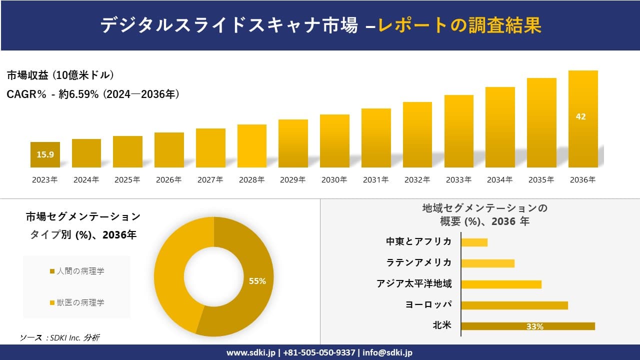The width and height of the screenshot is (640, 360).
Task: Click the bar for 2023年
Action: (45, 155)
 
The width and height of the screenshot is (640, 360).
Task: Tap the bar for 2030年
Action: (334, 141)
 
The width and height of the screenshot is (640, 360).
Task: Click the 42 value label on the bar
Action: (580, 116)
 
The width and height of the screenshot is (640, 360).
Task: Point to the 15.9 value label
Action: (45, 154)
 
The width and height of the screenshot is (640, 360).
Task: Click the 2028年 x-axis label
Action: (251, 180)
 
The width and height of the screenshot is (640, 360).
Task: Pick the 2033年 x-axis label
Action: (458, 180)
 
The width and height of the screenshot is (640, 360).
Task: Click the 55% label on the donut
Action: (257, 281)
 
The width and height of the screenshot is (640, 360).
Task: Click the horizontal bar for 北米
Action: (528, 326)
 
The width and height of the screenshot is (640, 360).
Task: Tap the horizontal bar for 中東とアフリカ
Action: (474, 242)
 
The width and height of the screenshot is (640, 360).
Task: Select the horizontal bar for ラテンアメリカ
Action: (487, 263)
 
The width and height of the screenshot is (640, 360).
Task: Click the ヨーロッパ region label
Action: (428, 304)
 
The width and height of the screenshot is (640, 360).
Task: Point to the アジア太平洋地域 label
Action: (414, 284)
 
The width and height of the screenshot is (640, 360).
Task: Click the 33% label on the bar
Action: (534, 326)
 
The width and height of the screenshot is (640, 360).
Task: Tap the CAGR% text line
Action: (93, 94)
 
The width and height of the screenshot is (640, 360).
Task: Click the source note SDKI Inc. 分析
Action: (60, 338)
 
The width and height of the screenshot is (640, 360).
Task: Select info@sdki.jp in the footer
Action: (387, 352)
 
